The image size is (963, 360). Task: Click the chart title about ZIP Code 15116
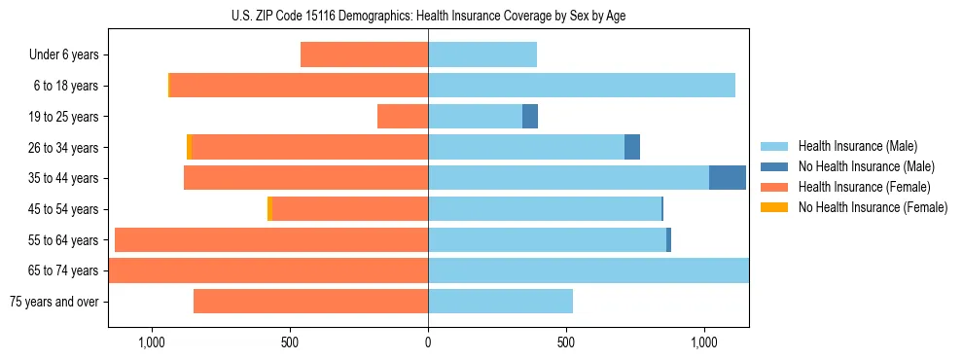pos(428,16)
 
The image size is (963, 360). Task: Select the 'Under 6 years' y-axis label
pos(64,55)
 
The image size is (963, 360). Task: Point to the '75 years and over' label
pos(54,302)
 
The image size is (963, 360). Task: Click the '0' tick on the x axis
pos(428,342)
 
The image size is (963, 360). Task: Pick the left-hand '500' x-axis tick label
pos(290,342)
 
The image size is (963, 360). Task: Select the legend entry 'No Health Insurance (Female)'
pos(873,207)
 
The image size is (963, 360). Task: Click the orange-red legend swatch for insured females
pos(774,187)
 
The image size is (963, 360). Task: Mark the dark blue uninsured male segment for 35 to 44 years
pos(728,178)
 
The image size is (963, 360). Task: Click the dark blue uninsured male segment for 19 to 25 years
pos(530,117)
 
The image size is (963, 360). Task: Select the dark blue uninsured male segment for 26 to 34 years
pos(632,147)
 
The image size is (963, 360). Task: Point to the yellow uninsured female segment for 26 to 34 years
pos(189,147)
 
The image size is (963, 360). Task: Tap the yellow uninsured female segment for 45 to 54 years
pos(269,209)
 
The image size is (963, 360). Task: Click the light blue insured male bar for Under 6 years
pos(482,55)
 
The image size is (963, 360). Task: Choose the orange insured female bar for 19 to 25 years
pos(403,117)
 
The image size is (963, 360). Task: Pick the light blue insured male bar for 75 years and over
pos(500,302)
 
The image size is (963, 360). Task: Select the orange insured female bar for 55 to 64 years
pos(271,240)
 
